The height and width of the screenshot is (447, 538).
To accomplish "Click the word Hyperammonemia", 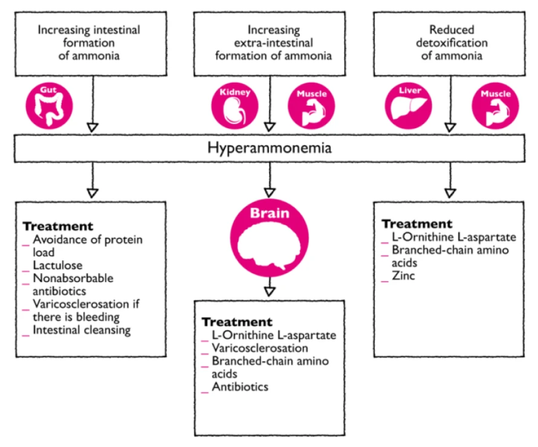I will pos(270,148).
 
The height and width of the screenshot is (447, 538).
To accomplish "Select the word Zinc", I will pos(403,276).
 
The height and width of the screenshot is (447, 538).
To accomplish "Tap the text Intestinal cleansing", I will pos(82,330).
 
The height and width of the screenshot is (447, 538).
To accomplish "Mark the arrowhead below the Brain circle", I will pos(270,291).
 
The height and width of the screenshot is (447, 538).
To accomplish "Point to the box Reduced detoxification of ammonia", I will pos(451,42).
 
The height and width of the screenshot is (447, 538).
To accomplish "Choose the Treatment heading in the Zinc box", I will pos(416,224).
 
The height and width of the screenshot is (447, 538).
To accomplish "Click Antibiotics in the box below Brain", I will pos(239,387).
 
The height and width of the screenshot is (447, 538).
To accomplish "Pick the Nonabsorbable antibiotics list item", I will pos(73,285).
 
